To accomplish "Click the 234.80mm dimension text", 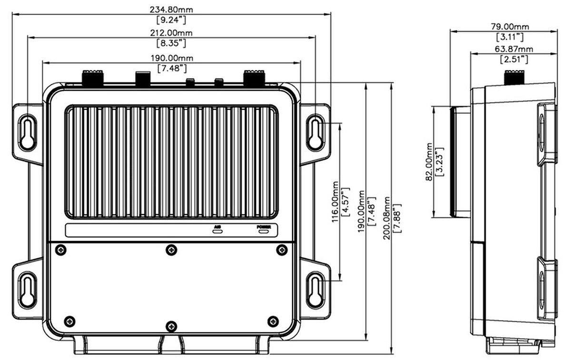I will click(171, 9).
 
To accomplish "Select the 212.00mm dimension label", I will click(171, 33).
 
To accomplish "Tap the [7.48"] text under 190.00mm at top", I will click(171, 68).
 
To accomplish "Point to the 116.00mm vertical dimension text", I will click(335, 201).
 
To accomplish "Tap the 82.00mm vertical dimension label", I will click(429, 162).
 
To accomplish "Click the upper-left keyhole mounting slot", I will click(27, 132).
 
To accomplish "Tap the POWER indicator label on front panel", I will click(264, 227).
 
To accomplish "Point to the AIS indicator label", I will click(217, 227).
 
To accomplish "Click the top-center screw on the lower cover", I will click(171, 249).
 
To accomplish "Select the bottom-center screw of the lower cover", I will click(171, 326).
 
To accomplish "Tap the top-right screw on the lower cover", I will click(282, 249).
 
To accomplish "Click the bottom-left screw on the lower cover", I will click(69, 321).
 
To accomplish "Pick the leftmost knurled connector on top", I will click(93, 78).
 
